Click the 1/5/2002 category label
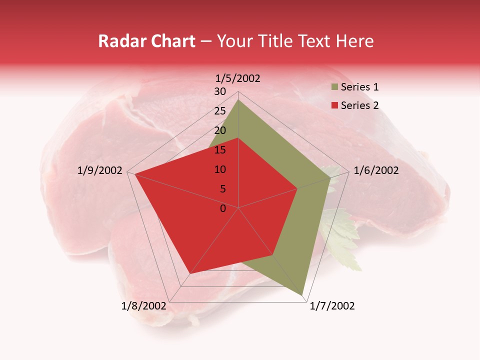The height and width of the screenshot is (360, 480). click(238, 78)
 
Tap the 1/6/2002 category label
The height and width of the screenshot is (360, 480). click(376, 170)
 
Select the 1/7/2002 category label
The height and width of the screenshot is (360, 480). click(332, 306)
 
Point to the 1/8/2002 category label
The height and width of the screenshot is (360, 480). click(143, 306)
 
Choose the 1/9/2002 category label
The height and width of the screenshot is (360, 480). click(100, 170)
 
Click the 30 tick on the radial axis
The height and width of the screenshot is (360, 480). click(220, 91)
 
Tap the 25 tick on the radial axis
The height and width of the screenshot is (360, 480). click(220, 111)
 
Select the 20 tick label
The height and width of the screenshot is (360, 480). click(220, 130)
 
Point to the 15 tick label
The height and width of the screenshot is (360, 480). click(220, 150)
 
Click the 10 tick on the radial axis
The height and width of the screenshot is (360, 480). click(220, 169)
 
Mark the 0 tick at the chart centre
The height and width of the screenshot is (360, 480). click(223, 208)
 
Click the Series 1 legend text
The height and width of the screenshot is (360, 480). click(359, 87)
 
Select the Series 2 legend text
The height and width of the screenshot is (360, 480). click(359, 105)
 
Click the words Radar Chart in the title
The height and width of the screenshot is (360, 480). click(146, 41)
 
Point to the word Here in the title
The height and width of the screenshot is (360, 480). click(355, 41)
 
